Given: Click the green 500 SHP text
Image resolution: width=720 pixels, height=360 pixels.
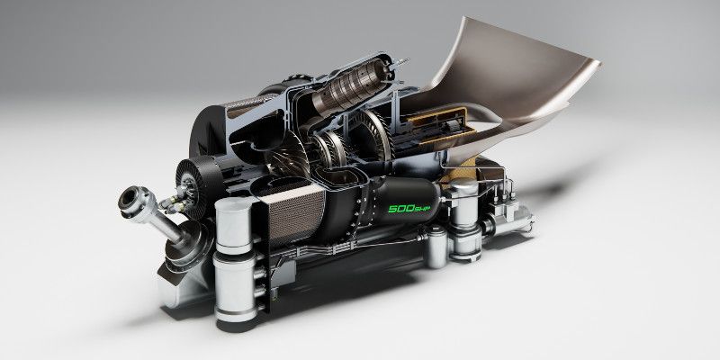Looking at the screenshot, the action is point(409,208).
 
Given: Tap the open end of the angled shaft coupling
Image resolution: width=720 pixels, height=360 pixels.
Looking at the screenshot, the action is point(130,201).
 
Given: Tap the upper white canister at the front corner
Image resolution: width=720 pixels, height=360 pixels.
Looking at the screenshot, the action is point(233,226).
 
